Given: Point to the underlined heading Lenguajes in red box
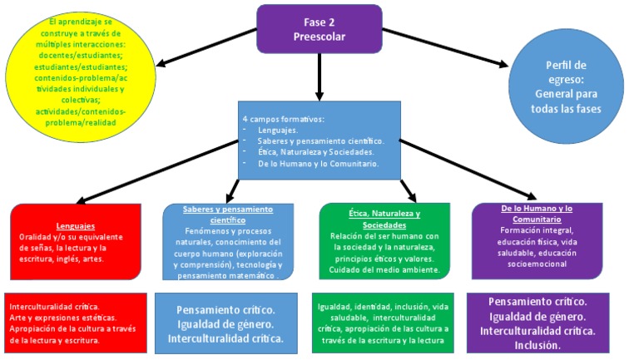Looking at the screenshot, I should click(76, 225).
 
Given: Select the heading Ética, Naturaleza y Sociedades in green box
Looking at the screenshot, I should click(384, 219).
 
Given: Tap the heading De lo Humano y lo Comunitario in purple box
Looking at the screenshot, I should click(537, 213).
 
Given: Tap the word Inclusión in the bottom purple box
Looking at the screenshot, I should click(537, 345).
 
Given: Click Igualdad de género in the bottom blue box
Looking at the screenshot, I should click(226, 324).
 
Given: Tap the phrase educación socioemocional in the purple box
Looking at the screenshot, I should click(537, 264).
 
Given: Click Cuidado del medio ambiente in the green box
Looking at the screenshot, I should click(384, 269).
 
